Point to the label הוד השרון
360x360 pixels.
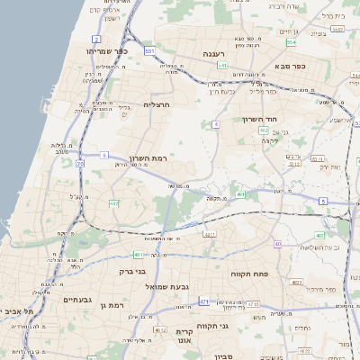coord(264,119)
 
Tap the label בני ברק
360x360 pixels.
coord(132,271)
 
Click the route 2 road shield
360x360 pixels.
coord(96,40)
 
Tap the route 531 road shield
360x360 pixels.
coord(149,51)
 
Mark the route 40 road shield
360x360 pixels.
coord(278,244)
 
